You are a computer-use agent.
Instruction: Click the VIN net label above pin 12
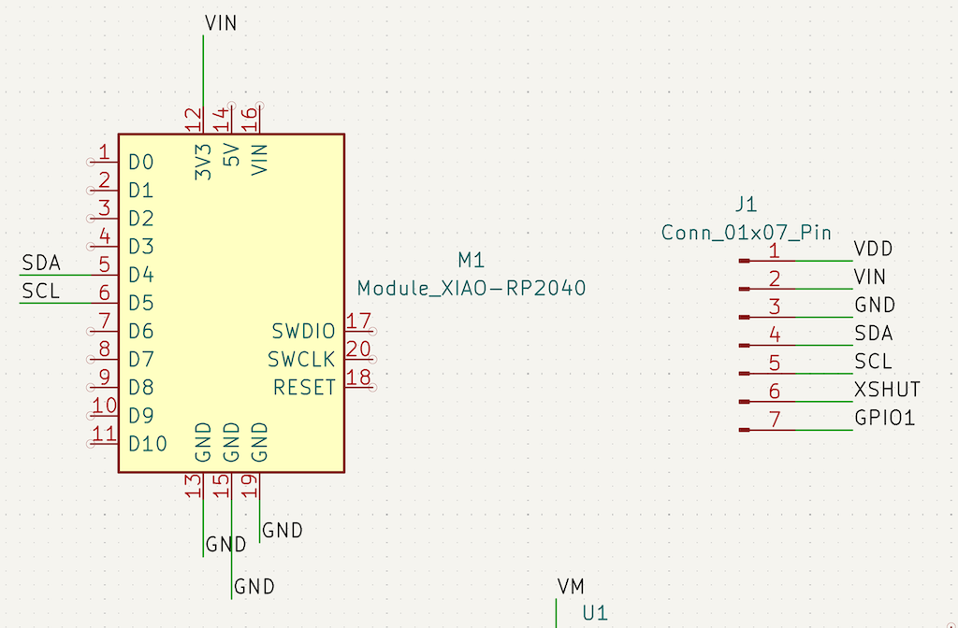pos(220,23)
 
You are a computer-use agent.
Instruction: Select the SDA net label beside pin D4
pos(40,264)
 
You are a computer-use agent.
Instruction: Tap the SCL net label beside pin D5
pos(40,292)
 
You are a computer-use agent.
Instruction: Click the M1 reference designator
pos(472,260)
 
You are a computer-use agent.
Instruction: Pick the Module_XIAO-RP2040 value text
pos(472,289)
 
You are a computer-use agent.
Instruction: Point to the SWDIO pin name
pos(303,331)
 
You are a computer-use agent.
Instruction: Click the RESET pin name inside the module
pos(304,387)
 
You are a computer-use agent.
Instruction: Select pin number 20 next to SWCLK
pos(357,350)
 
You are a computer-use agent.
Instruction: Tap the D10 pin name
pos(148,443)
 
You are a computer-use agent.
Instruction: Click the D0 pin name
pos(141,163)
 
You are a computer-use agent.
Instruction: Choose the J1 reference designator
pos(746,205)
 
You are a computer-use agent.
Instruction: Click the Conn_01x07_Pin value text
pos(746,233)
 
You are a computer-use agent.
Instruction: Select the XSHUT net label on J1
pos(887,390)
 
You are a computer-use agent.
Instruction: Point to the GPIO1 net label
pos(884,418)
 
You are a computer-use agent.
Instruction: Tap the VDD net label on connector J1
pos(873,250)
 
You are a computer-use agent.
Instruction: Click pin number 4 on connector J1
pos(775,334)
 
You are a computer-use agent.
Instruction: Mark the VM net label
pos(571,586)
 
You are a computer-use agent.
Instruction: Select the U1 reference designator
pos(595,613)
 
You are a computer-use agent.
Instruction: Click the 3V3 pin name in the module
pos(203,161)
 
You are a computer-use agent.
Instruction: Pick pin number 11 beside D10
pos(105,434)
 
